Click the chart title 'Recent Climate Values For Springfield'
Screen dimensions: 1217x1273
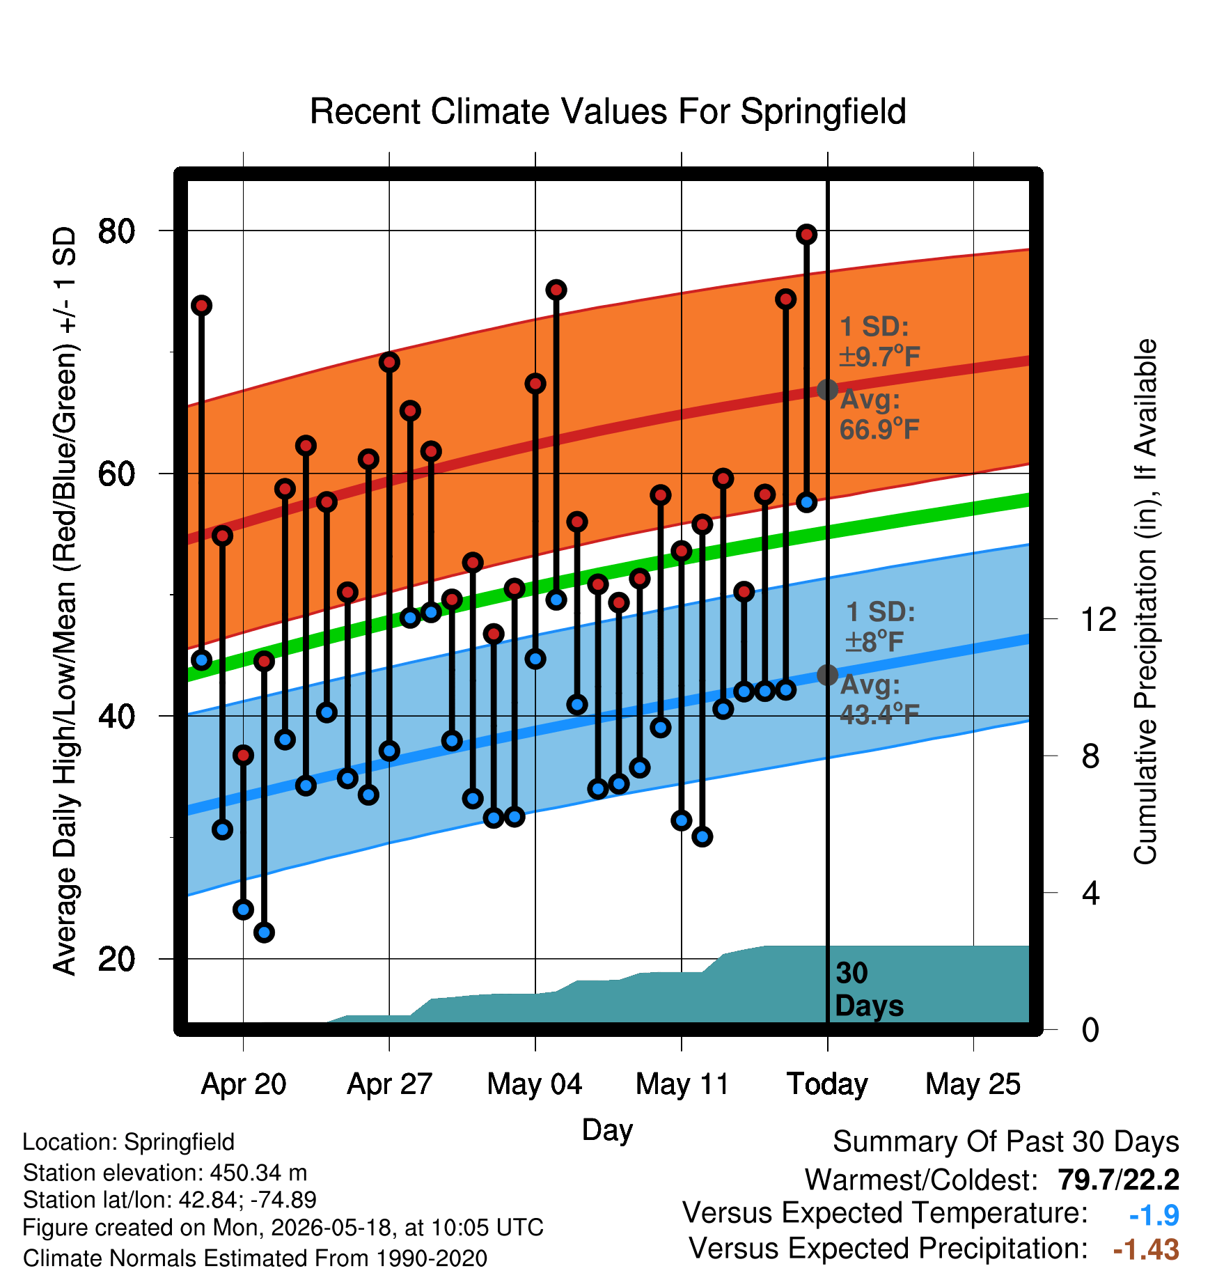click(x=608, y=111)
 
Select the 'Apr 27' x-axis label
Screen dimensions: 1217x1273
click(x=389, y=1084)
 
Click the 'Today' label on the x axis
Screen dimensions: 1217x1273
click(x=827, y=1084)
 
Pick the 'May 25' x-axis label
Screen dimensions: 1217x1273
click(x=973, y=1084)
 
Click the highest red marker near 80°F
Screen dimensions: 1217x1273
click(x=806, y=235)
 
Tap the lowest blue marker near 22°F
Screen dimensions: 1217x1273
click(x=264, y=932)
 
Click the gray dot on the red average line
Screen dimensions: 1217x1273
click(x=827, y=389)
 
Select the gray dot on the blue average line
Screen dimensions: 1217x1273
click(x=827, y=675)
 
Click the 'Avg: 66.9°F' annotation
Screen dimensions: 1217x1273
click(x=879, y=414)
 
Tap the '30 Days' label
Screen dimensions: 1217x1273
click(x=869, y=990)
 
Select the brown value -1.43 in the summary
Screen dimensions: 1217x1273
click(x=1146, y=1249)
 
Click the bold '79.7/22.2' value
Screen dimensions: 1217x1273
click(x=1118, y=1180)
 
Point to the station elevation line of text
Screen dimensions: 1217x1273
click(x=165, y=1173)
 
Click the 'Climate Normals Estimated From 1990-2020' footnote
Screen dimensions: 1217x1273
click(x=255, y=1258)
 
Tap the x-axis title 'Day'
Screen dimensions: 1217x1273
click(x=607, y=1130)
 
